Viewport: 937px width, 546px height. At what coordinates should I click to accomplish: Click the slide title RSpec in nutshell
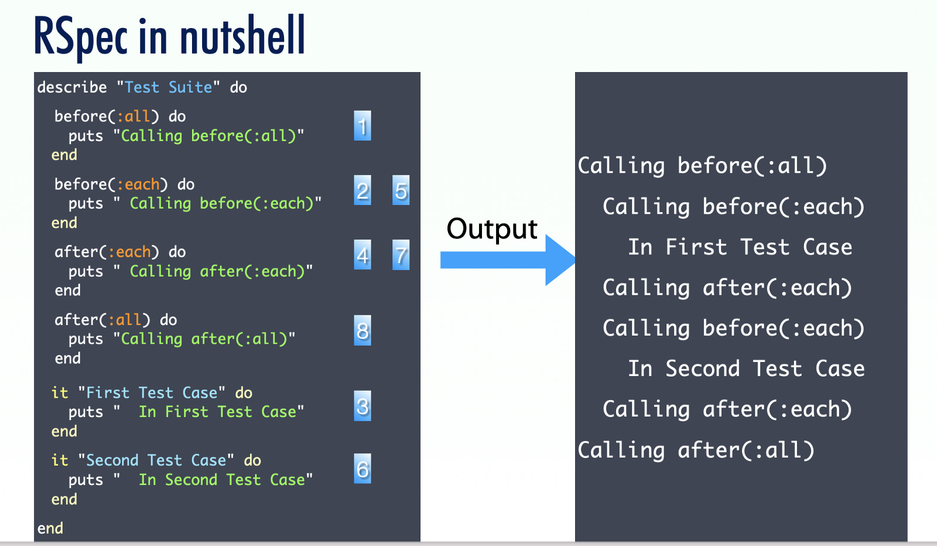coord(169,36)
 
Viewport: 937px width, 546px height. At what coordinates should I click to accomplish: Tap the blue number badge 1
coord(363,126)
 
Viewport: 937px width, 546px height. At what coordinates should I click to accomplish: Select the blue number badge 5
coord(401,190)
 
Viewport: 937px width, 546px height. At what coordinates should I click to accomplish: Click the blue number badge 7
coord(401,255)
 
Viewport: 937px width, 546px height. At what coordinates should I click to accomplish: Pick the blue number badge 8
coord(363,331)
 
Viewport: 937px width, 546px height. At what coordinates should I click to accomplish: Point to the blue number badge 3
coord(363,406)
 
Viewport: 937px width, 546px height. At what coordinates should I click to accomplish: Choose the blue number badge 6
coord(363,469)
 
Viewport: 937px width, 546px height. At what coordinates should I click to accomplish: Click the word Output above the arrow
coord(492,228)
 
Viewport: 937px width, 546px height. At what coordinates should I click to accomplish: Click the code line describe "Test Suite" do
coord(142,87)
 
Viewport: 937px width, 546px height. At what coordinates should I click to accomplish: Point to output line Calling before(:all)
coord(702,166)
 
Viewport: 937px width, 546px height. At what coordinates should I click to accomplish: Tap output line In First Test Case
coord(740,247)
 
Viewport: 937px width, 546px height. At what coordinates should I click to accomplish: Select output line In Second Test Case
coord(746,369)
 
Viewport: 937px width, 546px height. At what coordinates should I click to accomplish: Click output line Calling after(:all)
coord(696,451)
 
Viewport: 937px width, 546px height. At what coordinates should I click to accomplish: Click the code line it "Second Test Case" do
coord(156,460)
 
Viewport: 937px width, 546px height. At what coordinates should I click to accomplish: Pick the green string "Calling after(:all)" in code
coord(204,339)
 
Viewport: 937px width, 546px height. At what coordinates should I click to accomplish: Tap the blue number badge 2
coord(363,190)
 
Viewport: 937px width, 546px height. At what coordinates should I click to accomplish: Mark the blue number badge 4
coord(363,255)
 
